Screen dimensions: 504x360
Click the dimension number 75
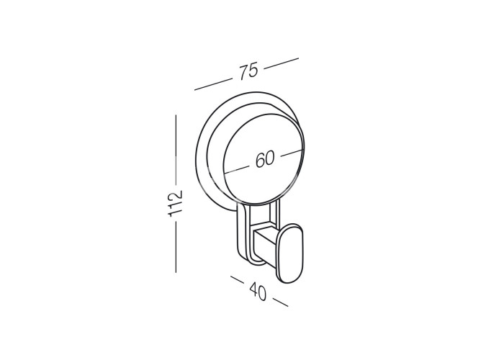tap(248, 71)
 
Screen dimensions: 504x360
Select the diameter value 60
tap(265, 159)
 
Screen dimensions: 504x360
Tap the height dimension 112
tap(176, 203)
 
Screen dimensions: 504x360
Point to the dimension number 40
tap(258, 291)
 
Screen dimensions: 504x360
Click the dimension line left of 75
tap(213, 84)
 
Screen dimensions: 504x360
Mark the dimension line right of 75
tap(282, 63)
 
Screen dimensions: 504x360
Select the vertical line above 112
tap(176, 150)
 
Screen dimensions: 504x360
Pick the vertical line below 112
tap(176, 247)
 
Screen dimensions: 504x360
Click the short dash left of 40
tap(237, 279)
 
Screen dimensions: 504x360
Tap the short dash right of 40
tap(281, 302)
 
